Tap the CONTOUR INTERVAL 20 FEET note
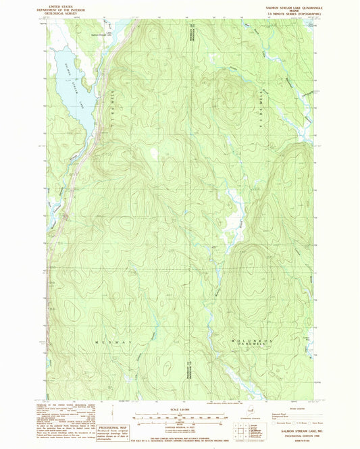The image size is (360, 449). tap(180, 425)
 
